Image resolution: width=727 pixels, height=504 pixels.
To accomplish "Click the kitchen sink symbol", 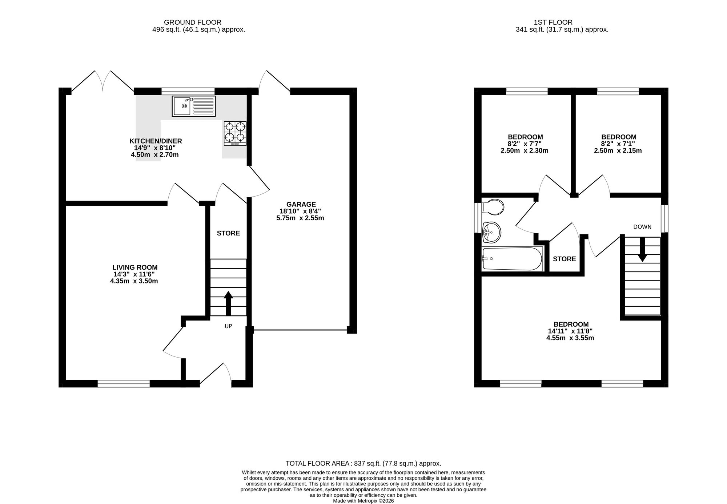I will (x=193, y=106).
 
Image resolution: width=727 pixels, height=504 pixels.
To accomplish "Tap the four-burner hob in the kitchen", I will (x=235, y=133).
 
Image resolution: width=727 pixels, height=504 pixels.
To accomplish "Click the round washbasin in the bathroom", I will (x=491, y=232).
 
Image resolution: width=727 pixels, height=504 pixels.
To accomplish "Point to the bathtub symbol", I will (x=512, y=259).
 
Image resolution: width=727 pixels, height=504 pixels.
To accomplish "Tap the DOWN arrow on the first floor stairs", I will (x=642, y=250).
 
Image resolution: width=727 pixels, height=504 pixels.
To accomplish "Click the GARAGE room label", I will (x=301, y=204).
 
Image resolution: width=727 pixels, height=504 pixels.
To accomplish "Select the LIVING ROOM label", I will (x=134, y=267).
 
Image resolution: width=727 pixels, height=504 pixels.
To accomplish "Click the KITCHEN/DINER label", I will (x=156, y=141).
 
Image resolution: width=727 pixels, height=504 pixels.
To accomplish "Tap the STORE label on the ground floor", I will (x=228, y=233).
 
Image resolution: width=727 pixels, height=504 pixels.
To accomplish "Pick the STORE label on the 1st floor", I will (x=564, y=259).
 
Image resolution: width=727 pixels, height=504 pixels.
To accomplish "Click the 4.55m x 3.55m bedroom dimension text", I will (x=570, y=338).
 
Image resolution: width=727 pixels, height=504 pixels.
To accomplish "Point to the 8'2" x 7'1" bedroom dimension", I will (x=618, y=144).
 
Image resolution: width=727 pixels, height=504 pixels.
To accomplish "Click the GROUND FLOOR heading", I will (x=192, y=22).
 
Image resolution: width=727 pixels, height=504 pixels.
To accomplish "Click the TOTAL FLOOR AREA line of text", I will (x=363, y=463).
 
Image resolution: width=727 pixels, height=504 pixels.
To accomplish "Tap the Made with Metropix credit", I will (x=363, y=500).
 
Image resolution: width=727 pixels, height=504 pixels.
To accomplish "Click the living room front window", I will (x=124, y=383).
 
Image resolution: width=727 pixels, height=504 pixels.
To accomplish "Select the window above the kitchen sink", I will (x=188, y=91).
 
